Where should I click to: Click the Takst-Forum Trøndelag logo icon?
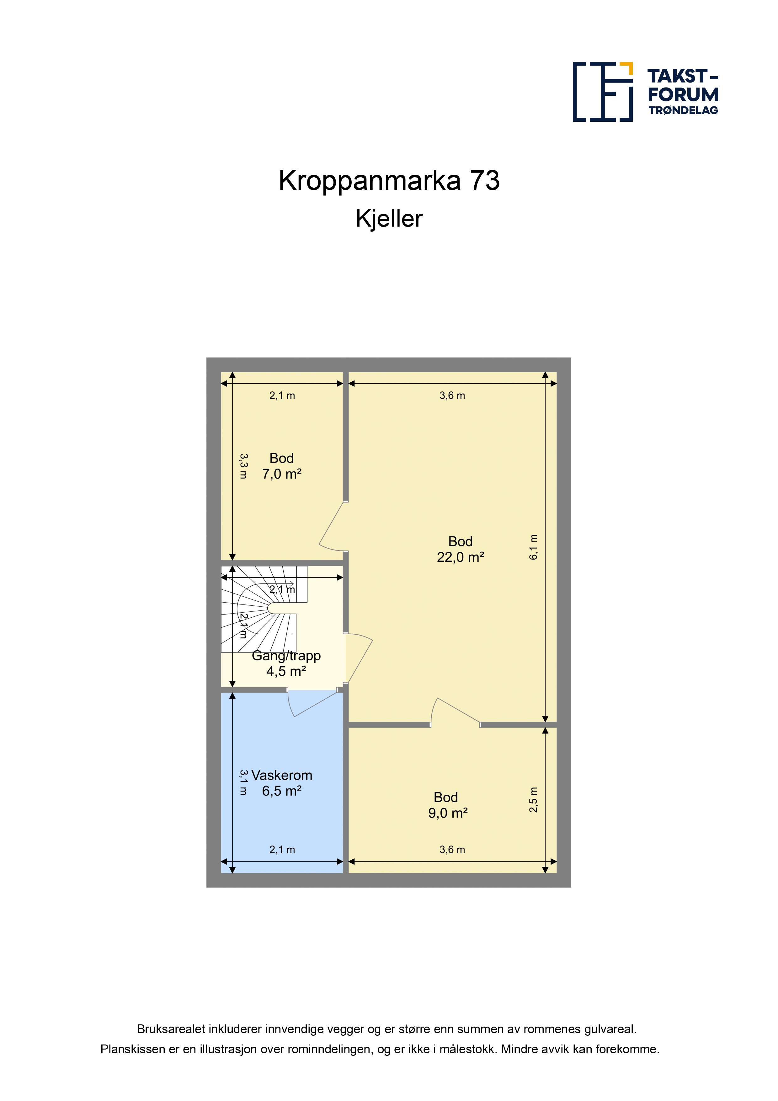coord(603,92)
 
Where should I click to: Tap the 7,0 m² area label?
coord(281,474)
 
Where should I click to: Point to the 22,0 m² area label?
coord(460,557)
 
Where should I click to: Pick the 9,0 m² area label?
coord(448,813)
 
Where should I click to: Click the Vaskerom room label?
coord(282,776)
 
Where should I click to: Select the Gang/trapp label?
coord(286,656)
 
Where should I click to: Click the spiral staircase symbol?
coord(264,609)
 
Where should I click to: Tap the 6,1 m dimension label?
coord(534,547)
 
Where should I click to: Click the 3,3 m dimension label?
coord(243,467)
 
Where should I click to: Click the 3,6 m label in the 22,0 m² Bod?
coord(452,395)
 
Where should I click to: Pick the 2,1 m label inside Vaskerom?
coord(282,850)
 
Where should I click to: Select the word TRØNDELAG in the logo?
coord(683,110)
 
